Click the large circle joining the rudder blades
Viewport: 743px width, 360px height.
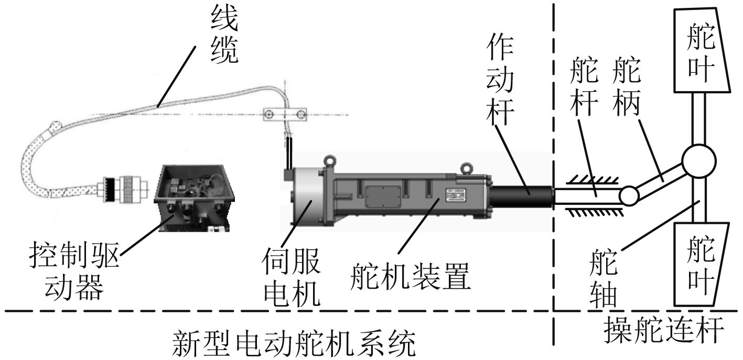tap(698, 159)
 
